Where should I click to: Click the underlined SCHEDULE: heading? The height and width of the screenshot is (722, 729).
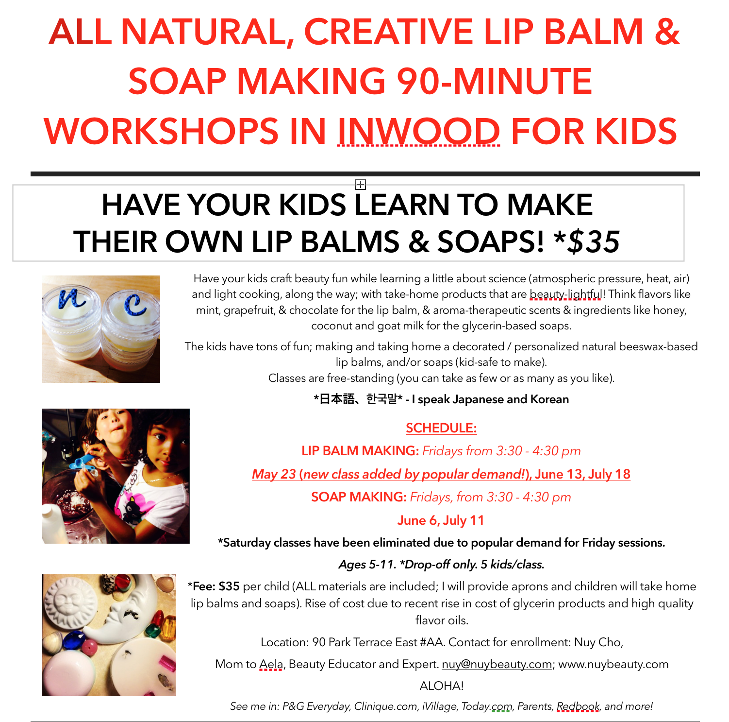click(x=441, y=428)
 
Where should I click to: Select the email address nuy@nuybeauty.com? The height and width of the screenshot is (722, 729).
click(x=497, y=664)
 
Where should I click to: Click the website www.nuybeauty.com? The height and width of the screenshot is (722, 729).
click(x=613, y=664)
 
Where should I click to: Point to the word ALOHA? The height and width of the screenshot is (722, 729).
click(x=442, y=686)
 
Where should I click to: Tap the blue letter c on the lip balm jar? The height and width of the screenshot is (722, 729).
click(x=135, y=304)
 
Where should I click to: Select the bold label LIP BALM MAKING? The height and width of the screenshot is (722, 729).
click(x=360, y=451)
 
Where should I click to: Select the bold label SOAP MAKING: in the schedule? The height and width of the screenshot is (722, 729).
click(x=359, y=497)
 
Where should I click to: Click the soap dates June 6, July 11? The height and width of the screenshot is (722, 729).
click(x=441, y=520)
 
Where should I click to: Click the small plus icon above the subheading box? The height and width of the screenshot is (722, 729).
click(x=360, y=185)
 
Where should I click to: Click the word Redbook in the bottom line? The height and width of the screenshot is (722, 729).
click(x=578, y=706)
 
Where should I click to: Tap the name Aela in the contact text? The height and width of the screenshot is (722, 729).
click(x=271, y=664)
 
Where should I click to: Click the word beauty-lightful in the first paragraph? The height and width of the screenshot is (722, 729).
click(x=566, y=294)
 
